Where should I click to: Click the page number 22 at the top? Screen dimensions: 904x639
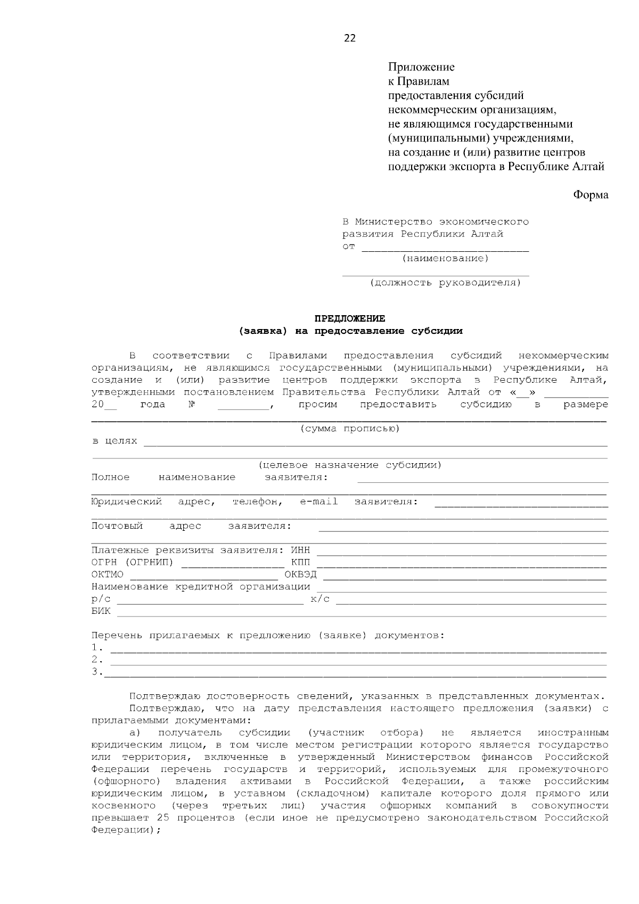[x=350, y=38]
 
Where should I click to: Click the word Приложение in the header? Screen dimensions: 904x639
[x=421, y=67]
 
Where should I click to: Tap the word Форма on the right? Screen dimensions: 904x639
[x=590, y=195]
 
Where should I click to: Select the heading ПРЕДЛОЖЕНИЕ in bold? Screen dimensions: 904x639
[x=349, y=318]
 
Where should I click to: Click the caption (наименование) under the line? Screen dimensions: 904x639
[x=445, y=259]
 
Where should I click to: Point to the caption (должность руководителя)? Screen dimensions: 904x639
[x=445, y=283]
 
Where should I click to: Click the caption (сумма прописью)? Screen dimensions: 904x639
[x=349, y=429]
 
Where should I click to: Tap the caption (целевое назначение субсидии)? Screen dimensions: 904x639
[x=350, y=465]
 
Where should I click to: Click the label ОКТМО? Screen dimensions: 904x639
[x=107, y=575]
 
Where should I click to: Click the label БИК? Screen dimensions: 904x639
[x=101, y=611]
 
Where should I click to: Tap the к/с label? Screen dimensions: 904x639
[x=319, y=599]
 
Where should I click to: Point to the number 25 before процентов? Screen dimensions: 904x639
[x=163, y=818]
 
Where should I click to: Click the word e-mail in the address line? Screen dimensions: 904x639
[x=318, y=502]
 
